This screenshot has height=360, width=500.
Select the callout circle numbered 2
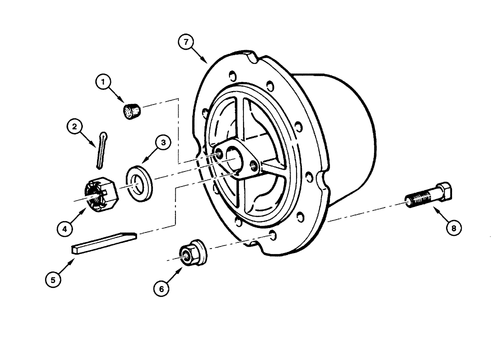pos(74,127)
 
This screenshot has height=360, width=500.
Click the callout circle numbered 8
pos(453,228)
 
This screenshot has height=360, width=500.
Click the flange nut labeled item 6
pos(191,252)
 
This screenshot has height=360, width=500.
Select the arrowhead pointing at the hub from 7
pos(206,62)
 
